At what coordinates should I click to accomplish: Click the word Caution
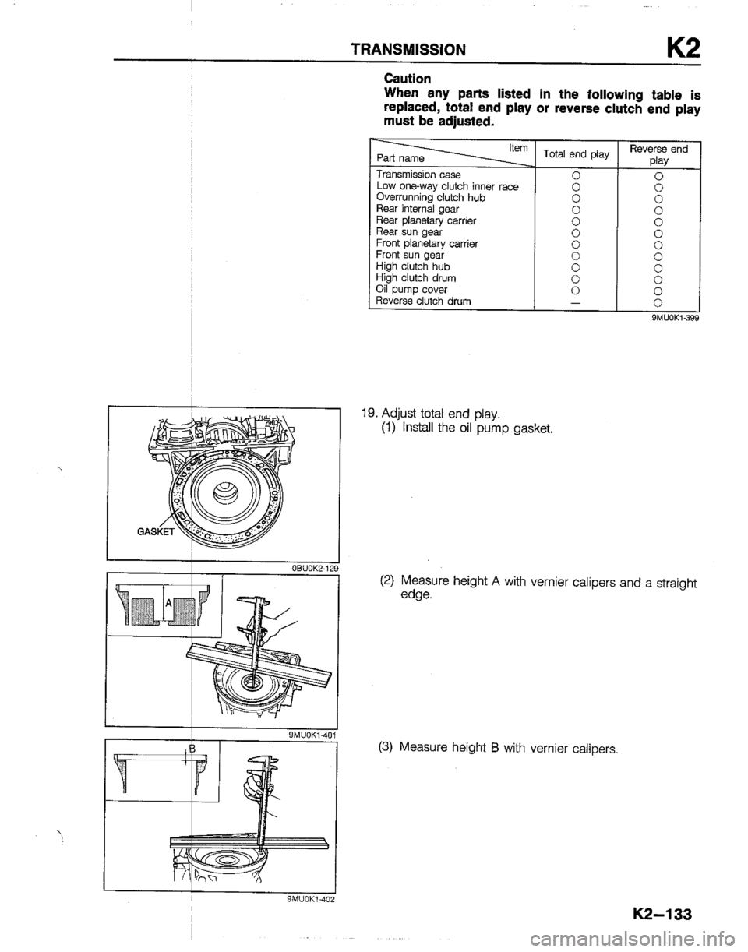408,79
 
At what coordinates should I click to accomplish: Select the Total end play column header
576,154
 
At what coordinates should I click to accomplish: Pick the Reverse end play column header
658,154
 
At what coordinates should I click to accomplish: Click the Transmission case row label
418,175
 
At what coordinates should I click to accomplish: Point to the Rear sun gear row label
409,231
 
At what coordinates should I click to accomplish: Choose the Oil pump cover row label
411,289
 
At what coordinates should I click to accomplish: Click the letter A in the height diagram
168,603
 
